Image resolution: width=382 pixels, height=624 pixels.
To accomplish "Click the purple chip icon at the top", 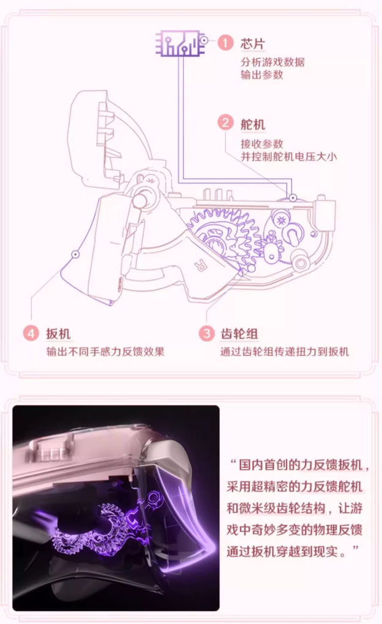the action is (x=178, y=43).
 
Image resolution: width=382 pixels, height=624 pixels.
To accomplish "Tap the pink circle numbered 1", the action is (x=225, y=43).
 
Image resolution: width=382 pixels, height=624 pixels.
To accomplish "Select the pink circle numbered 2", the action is (x=225, y=122).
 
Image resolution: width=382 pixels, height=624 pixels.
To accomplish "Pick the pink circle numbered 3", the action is (x=206, y=333).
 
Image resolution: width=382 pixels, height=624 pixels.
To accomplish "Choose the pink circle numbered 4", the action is (x=31, y=333).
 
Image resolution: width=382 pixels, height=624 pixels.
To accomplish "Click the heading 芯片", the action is (x=252, y=43).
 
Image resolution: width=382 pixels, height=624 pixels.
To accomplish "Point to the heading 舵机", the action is (x=252, y=124).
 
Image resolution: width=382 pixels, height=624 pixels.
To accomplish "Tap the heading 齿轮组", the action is (x=239, y=334).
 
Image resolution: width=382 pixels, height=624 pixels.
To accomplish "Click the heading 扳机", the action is (x=58, y=334).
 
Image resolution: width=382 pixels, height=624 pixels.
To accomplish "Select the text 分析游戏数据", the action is (x=272, y=62).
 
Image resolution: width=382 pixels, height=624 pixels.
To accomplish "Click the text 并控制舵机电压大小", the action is (x=288, y=156).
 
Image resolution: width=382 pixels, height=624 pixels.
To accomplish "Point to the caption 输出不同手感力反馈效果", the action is (x=105, y=351).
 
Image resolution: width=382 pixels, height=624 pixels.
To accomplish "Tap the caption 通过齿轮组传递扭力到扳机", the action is (x=285, y=351).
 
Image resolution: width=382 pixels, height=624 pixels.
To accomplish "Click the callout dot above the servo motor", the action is (x=293, y=197).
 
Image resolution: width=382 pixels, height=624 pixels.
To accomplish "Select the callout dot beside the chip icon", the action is (x=204, y=40).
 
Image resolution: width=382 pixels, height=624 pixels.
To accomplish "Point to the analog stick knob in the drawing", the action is (x=141, y=198).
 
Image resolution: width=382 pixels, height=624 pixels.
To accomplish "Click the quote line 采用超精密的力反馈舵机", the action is (x=294, y=486).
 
